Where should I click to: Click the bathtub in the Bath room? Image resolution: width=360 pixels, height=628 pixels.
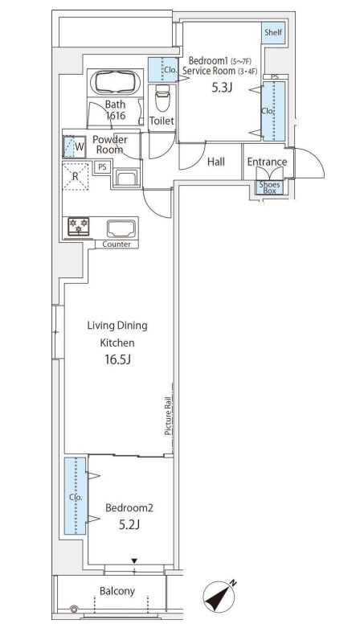point(116,82)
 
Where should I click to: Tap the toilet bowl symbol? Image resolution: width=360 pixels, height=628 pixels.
point(162,98)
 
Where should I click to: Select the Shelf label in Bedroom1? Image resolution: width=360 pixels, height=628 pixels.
point(273,32)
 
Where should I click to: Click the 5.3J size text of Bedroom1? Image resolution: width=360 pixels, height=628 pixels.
point(223,88)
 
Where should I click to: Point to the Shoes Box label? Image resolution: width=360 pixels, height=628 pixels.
point(269,187)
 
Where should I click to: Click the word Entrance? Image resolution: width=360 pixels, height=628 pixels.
point(267,162)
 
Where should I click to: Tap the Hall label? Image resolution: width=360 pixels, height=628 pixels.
point(216,162)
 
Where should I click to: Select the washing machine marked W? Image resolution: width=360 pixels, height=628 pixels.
point(75,146)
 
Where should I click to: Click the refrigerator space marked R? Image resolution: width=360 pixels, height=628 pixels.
point(76,176)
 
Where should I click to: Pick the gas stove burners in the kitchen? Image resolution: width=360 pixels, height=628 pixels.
point(79,226)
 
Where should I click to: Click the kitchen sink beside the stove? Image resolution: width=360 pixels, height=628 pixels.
point(121,228)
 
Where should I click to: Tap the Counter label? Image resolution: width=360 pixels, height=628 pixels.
point(117,244)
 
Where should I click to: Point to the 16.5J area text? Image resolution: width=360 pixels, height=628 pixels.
point(118,359)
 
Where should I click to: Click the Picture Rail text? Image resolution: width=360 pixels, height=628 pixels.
point(168,416)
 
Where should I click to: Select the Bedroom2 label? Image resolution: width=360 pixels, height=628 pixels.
point(129,508)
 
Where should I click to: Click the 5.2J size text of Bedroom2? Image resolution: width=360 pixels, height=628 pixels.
point(129,524)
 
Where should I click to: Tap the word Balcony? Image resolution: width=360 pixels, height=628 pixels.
point(117,591)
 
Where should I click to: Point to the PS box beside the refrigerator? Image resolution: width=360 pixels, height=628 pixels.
point(103,167)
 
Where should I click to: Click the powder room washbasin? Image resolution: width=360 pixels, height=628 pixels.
point(127,178)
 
